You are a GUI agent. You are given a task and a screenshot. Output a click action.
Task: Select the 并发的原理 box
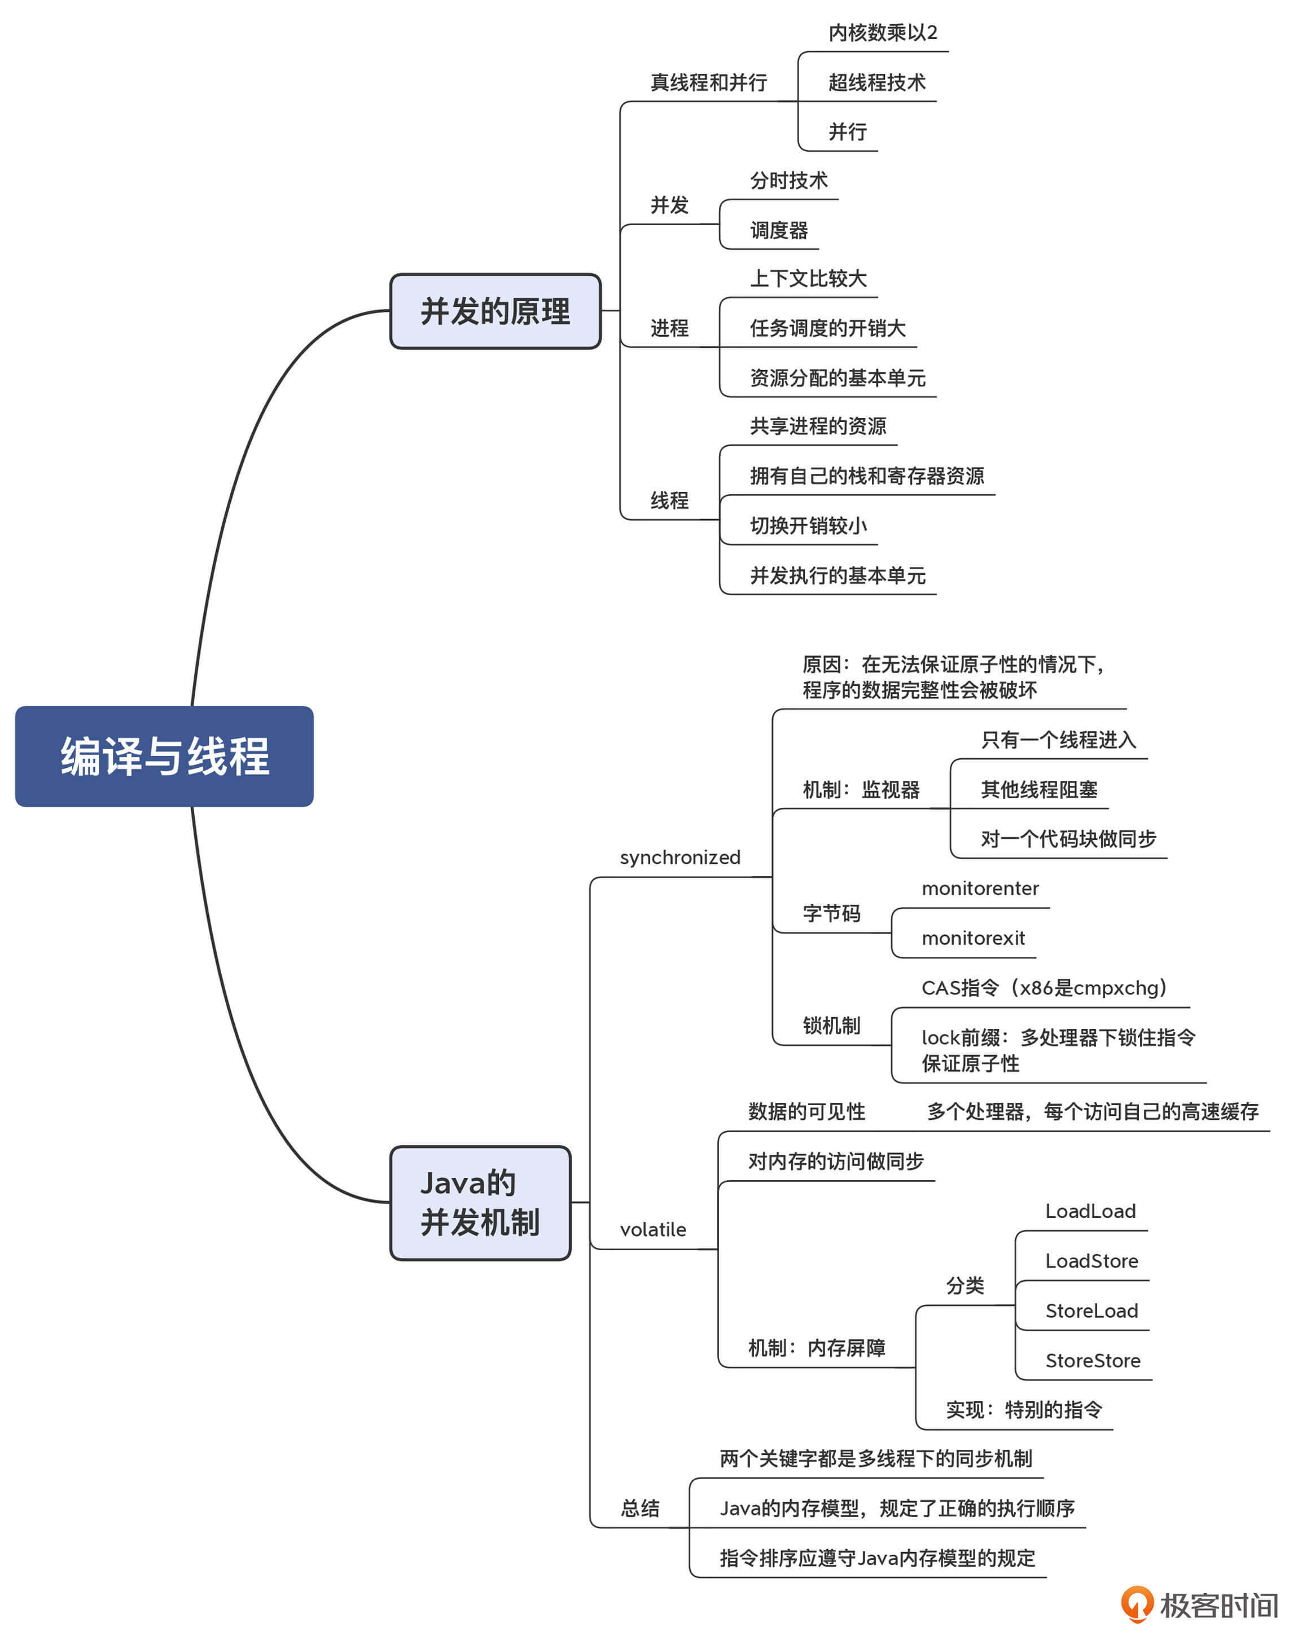(x=495, y=311)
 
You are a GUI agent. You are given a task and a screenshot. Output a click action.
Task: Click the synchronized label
(x=679, y=857)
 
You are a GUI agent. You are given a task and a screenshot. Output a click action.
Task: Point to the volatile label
(x=653, y=1229)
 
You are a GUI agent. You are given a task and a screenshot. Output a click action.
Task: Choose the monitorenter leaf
(x=980, y=889)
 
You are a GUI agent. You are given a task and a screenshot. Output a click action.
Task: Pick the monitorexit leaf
(x=973, y=938)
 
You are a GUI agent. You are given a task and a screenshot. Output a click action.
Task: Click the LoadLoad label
(x=1090, y=1211)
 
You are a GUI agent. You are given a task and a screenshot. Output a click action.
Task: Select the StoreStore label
(x=1092, y=1361)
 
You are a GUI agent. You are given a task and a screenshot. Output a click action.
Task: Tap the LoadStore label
(x=1091, y=1261)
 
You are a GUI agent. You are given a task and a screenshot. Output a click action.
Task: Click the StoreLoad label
(x=1091, y=1311)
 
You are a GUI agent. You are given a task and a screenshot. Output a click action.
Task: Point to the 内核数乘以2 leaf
(x=882, y=32)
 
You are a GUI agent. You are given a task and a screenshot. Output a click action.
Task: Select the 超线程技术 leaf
(x=876, y=82)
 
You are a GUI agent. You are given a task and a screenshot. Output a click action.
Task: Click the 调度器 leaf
(x=778, y=230)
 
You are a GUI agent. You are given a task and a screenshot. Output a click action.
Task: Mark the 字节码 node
(x=831, y=913)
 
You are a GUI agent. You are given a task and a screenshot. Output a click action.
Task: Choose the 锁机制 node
(x=831, y=1026)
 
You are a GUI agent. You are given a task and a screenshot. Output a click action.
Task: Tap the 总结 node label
(x=640, y=1509)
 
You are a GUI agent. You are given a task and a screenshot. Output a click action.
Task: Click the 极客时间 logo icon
(x=1137, y=1604)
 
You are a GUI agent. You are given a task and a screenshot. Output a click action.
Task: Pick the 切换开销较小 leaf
(x=808, y=526)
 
